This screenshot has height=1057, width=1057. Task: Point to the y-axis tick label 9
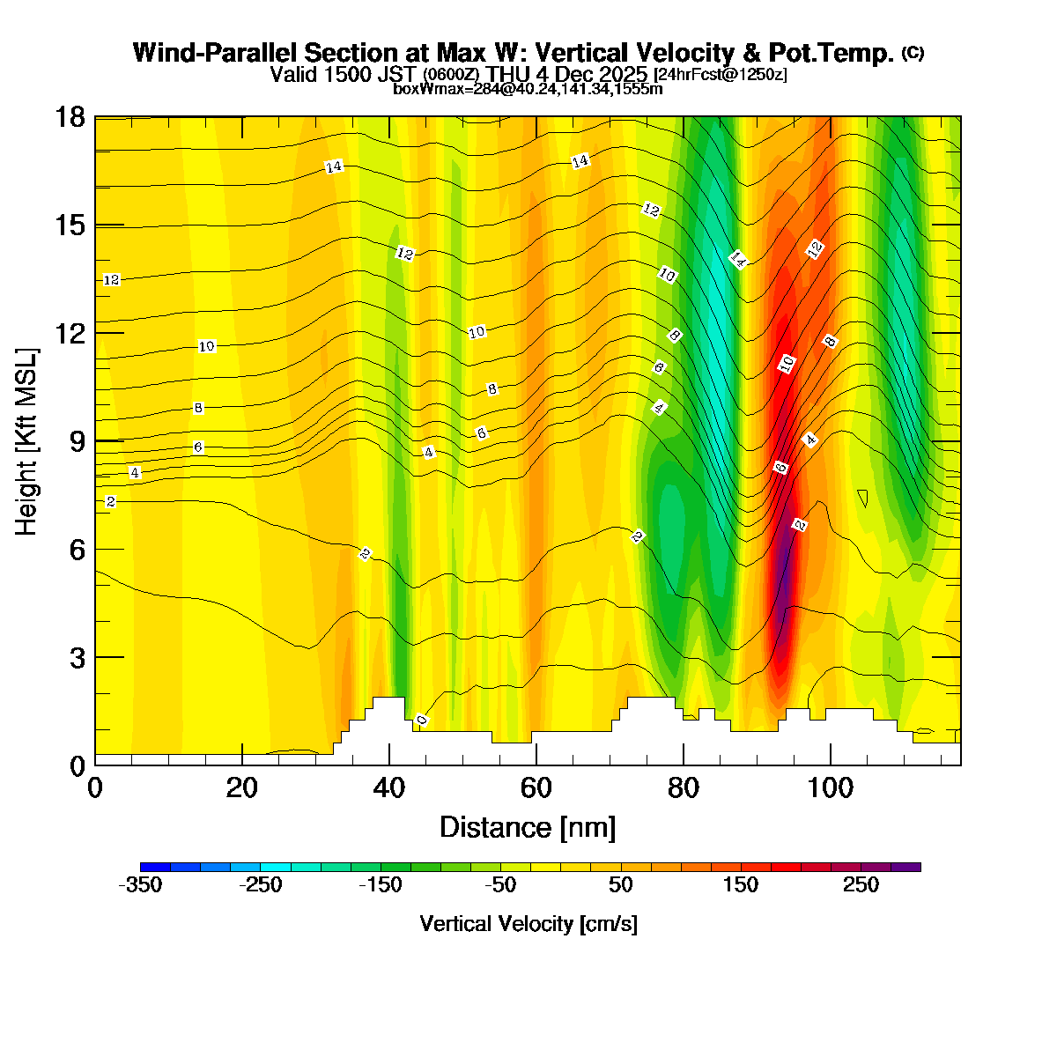[78, 440]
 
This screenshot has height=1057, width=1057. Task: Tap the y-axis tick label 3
[78, 657]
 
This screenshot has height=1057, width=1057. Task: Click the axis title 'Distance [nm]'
[527, 827]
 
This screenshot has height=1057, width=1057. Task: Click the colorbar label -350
[140, 885]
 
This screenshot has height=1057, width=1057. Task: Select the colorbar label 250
[861, 885]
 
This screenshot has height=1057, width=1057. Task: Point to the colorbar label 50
[620, 885]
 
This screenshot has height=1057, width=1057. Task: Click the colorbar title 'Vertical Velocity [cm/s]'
[528, 924]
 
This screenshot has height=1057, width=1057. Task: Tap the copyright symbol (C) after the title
[913, 53]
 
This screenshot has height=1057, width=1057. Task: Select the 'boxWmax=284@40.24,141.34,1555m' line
[528, 88]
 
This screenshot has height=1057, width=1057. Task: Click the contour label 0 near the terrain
[422, 721]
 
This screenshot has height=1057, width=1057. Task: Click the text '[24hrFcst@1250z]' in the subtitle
[720, 75]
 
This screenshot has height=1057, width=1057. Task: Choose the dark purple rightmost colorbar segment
[905, 867]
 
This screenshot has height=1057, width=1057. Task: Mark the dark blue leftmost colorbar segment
[155, 867]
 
